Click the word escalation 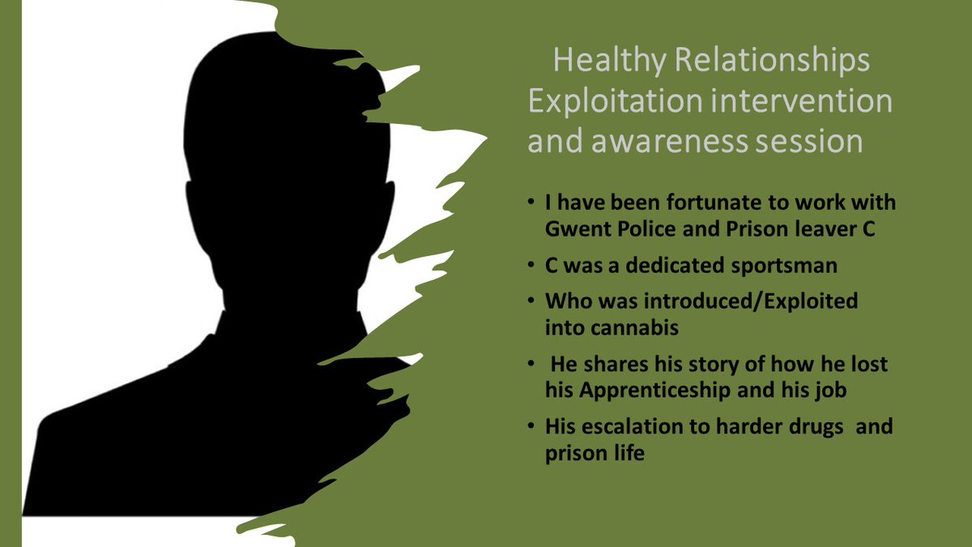click(623, 425)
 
